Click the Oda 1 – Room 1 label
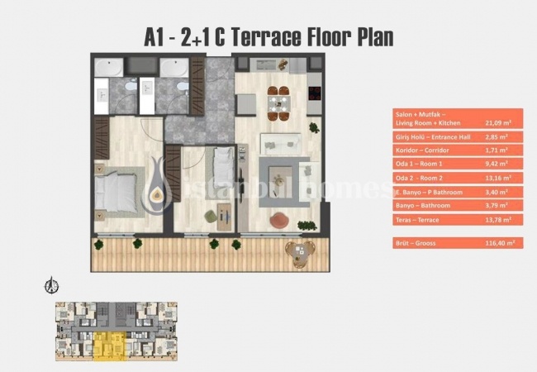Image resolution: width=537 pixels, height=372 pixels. (x=418, y=164)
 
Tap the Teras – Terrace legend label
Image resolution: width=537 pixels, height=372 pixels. (x=417, y=219)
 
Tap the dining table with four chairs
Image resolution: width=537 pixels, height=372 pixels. (x=278, y=103)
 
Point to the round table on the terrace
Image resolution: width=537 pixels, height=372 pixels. (x=295, y=252)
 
